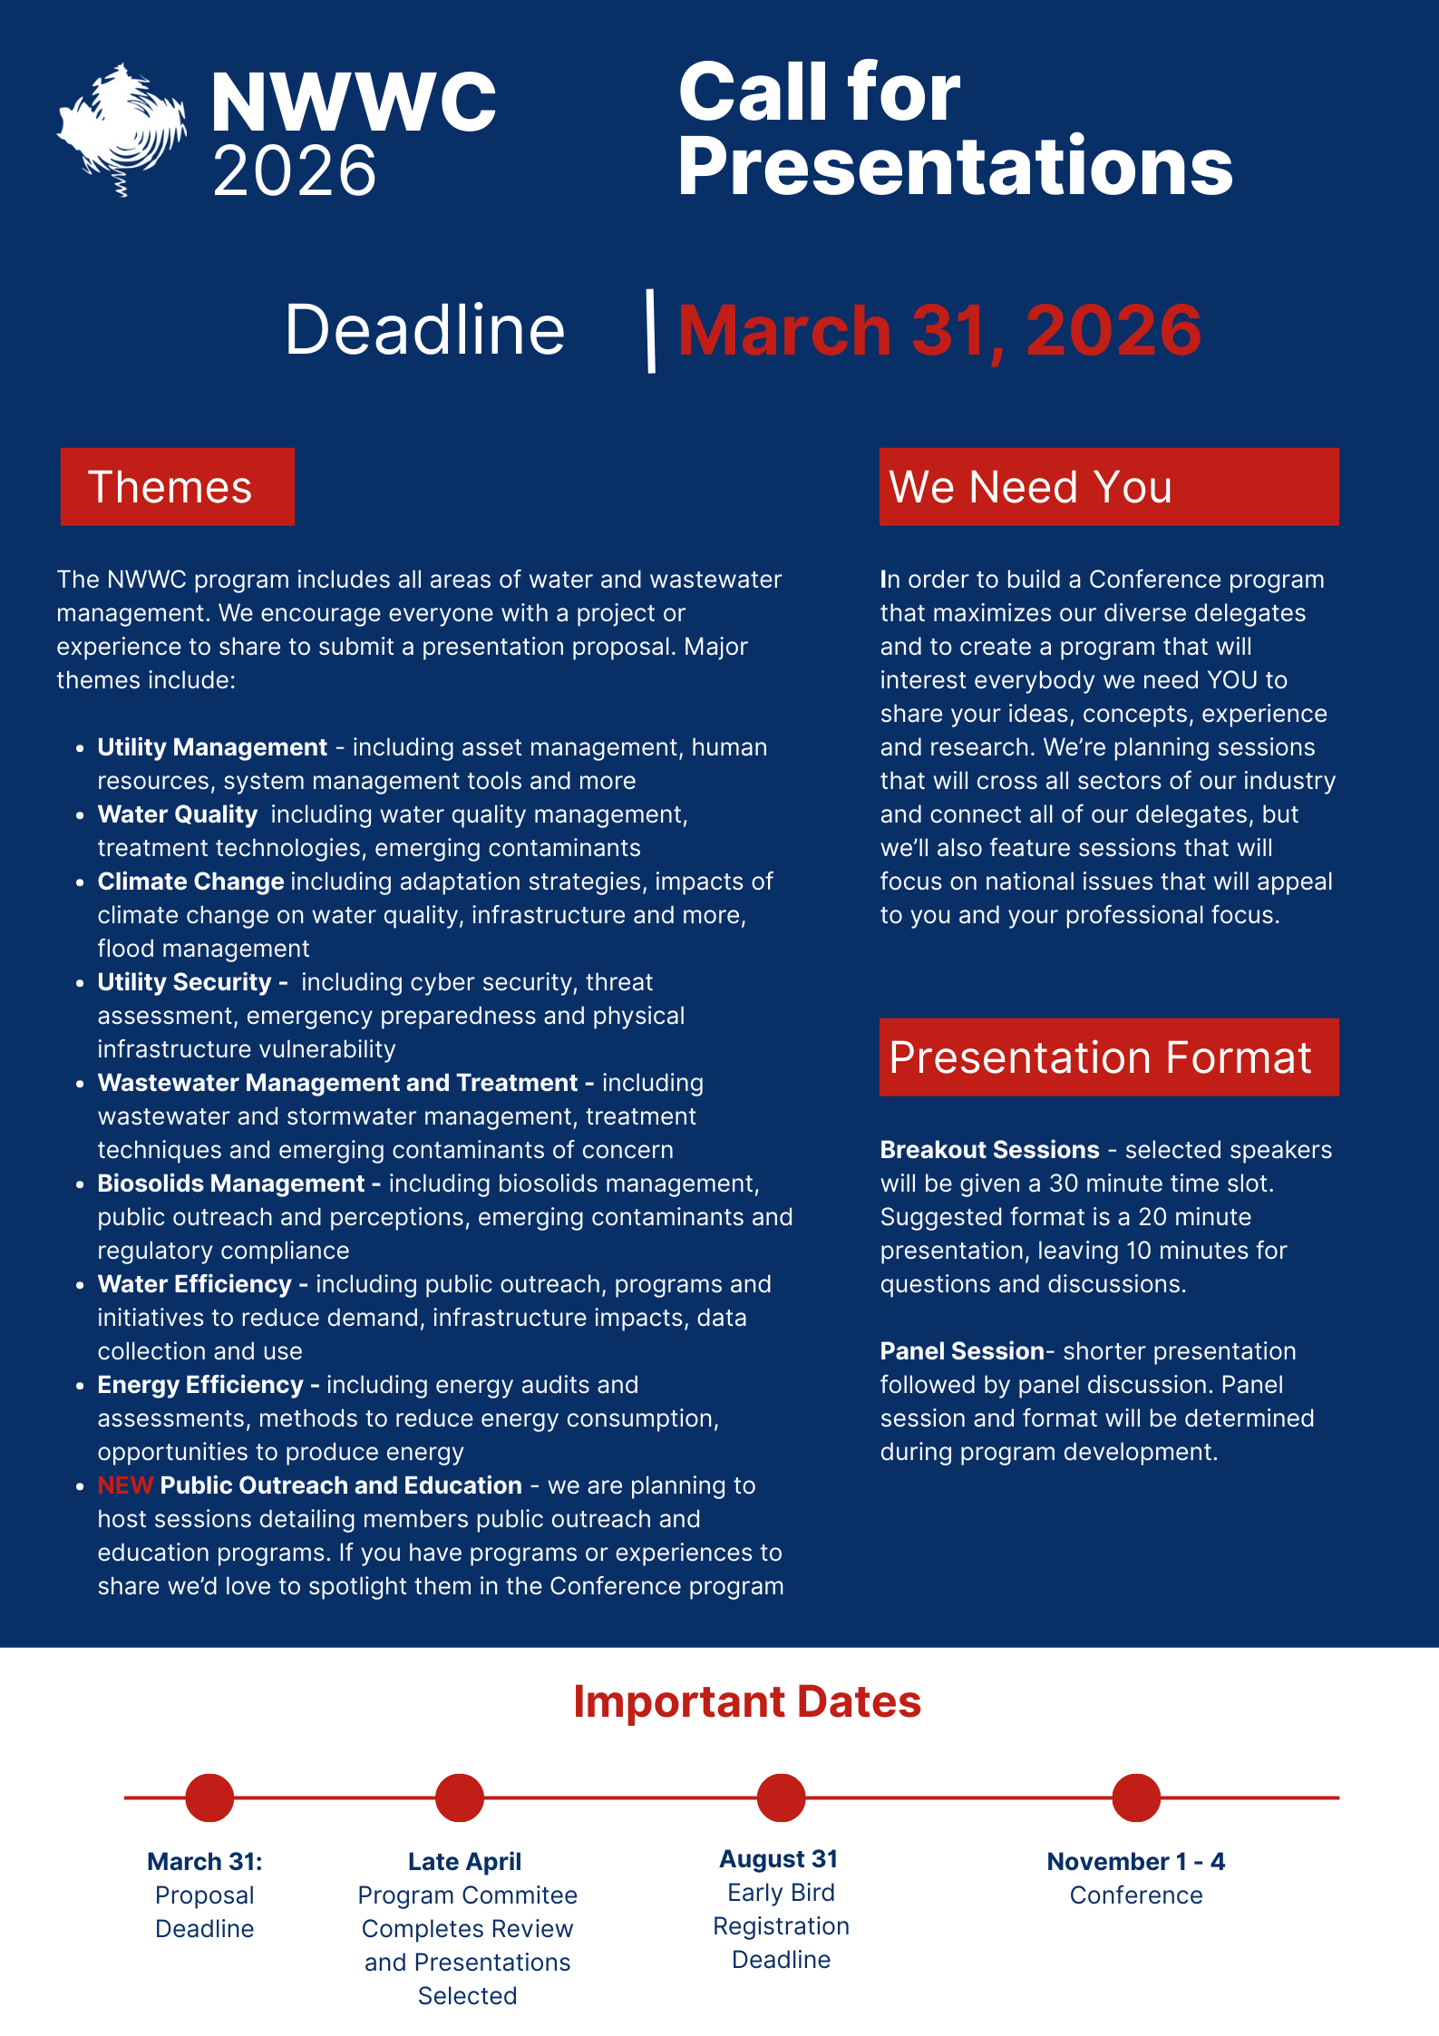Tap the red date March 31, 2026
pyautogui.click(x=939, y=330)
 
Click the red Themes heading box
pyautogui.click(x=178, y=487)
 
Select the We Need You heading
pyautogui.click(x=1108, y=487)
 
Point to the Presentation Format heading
pyautogui.click(x=1108, y=1057)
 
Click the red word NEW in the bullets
pyautogui.click(x=125, y=1486)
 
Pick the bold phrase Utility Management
pyautogui.click(x=212, y=747)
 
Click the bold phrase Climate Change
pyautogui.click(x=190, y=882)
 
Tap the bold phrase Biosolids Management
pyautogui.click(x=231, y=1184)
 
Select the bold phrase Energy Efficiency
pyautogui.click(x=200, y=1385)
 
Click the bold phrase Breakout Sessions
pyautogui.click(x=989, y=1150)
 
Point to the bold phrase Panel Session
pyautogui.click(x=962, y=1351)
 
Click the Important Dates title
pyautogui.click(x=747, y=1702)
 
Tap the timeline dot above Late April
pyautogui.click(x=460, y=1797)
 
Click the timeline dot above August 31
pyautogui.click(x=781, y=1797)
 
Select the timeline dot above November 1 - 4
pyautogui.click(x=1136, y=1797)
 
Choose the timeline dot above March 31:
pyautogui.click(x=209, y=1797)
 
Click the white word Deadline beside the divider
pyautogui.click(x=424, y=330)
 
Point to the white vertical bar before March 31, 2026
pyautogui.click(x=650, y=331)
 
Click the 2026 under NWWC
pyautogui.click(x=294, y=170)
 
